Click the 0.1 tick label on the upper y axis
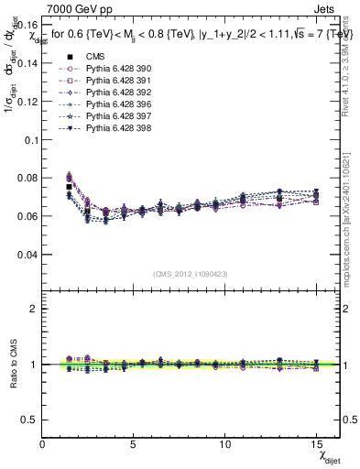30,140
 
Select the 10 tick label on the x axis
226,444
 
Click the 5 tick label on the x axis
135,444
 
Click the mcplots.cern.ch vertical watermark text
346,220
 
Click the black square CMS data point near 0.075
69,187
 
